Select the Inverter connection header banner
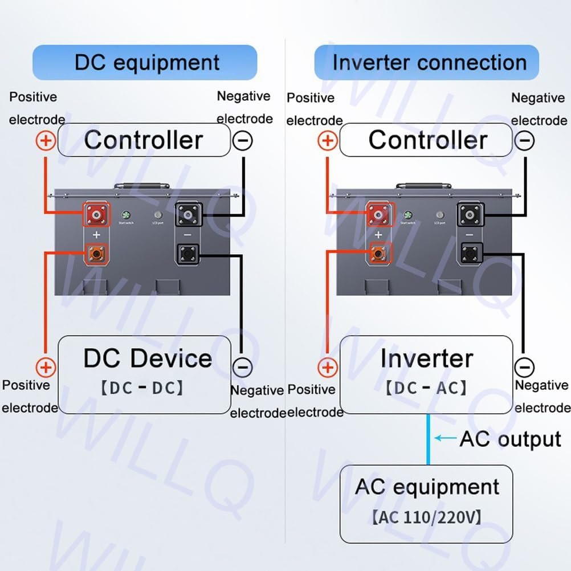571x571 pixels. (x=426, y=62)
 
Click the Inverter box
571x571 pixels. (x=426, y=374)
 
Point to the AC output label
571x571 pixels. (x=510, y=439)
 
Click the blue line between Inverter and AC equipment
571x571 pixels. (x=429, y=439)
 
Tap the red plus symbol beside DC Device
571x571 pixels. (x=46, y=367)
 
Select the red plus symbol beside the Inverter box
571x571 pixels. (x=327, y=367)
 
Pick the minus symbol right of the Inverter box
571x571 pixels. (x=524, y=367)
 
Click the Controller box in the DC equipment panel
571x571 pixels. (x=144, y=140)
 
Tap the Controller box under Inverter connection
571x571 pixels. (x=426, y=140)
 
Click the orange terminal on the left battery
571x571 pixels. (x=97, y=253)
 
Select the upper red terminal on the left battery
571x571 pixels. (x=97, y=215)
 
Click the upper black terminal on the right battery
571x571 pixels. (x=471, y=215)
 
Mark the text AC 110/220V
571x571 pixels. (x=426, y=518)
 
